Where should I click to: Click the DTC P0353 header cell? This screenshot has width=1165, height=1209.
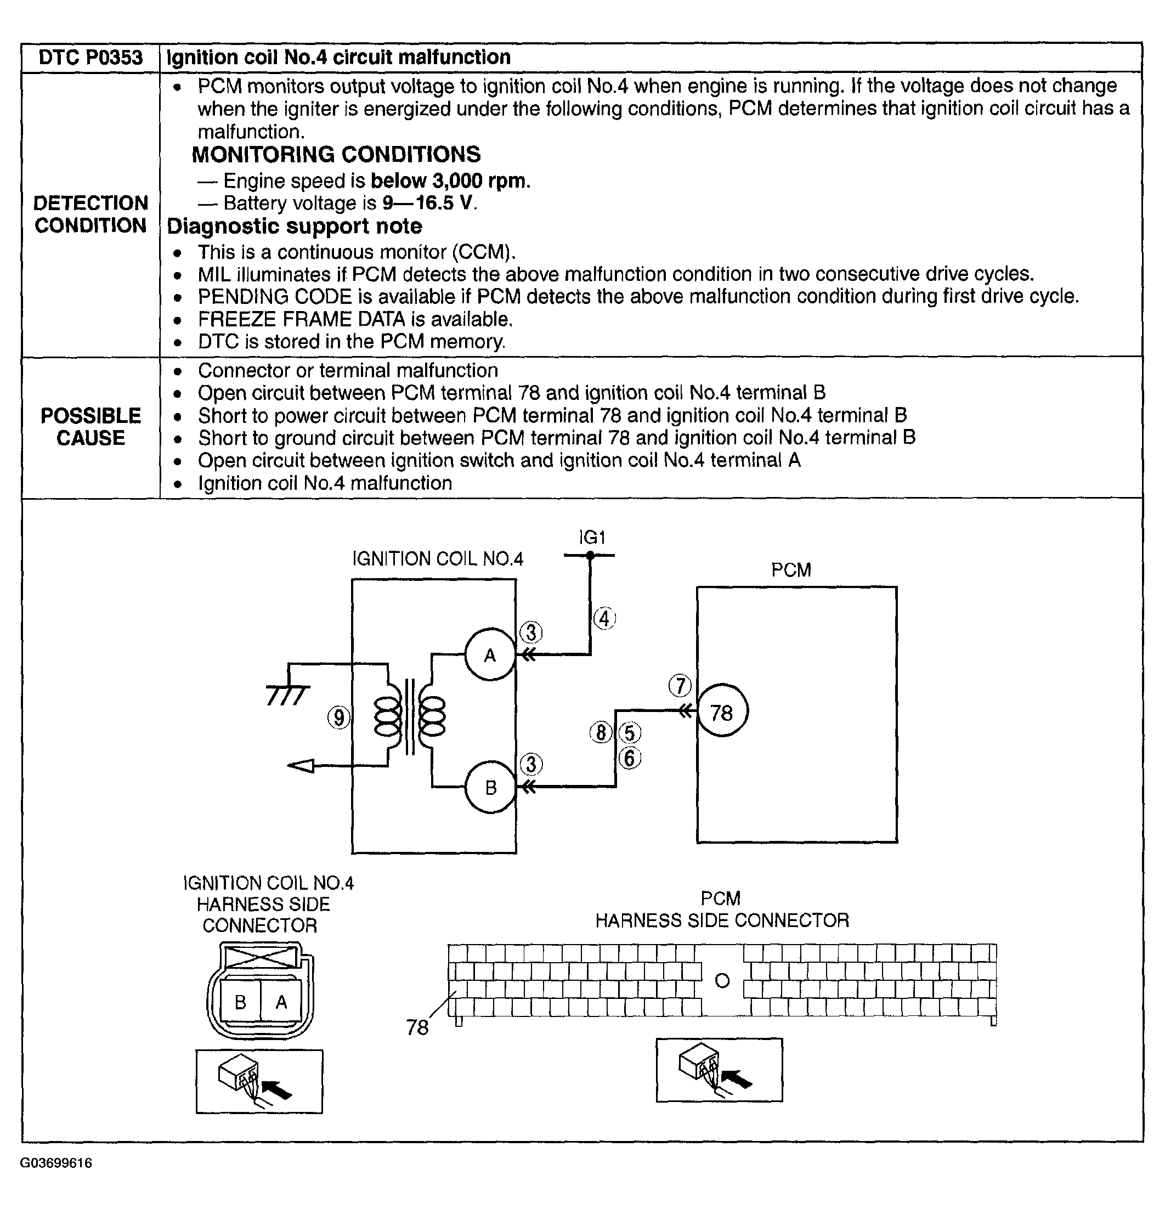tap(90, 58)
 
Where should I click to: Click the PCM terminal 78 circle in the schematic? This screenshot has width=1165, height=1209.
tap(722, 713)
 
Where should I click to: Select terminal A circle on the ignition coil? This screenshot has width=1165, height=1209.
tap(490, 655)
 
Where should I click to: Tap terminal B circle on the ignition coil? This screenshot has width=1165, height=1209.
tap(490, 788)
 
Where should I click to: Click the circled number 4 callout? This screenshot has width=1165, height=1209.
tap(604, 619)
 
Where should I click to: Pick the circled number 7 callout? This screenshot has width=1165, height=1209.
tap(680, 686)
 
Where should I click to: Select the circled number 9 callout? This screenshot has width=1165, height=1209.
tap(338, 718)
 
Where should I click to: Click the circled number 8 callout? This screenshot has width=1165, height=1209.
tap(601, 733)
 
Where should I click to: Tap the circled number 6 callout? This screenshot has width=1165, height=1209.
tap(630, 758)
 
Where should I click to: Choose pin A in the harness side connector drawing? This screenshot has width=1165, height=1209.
tap(281, 1002)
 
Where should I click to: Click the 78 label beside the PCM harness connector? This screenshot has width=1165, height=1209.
tap(417, 1027)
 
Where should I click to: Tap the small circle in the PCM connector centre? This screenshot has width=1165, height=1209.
tap(722, 981)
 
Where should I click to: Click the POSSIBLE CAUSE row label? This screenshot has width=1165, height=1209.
tap(91, 427)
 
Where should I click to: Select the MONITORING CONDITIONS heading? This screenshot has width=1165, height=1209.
tap(336, 154)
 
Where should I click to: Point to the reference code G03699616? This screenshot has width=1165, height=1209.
tap(56, 1163)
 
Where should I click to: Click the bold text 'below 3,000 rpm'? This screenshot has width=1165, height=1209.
tap(450, 180)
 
